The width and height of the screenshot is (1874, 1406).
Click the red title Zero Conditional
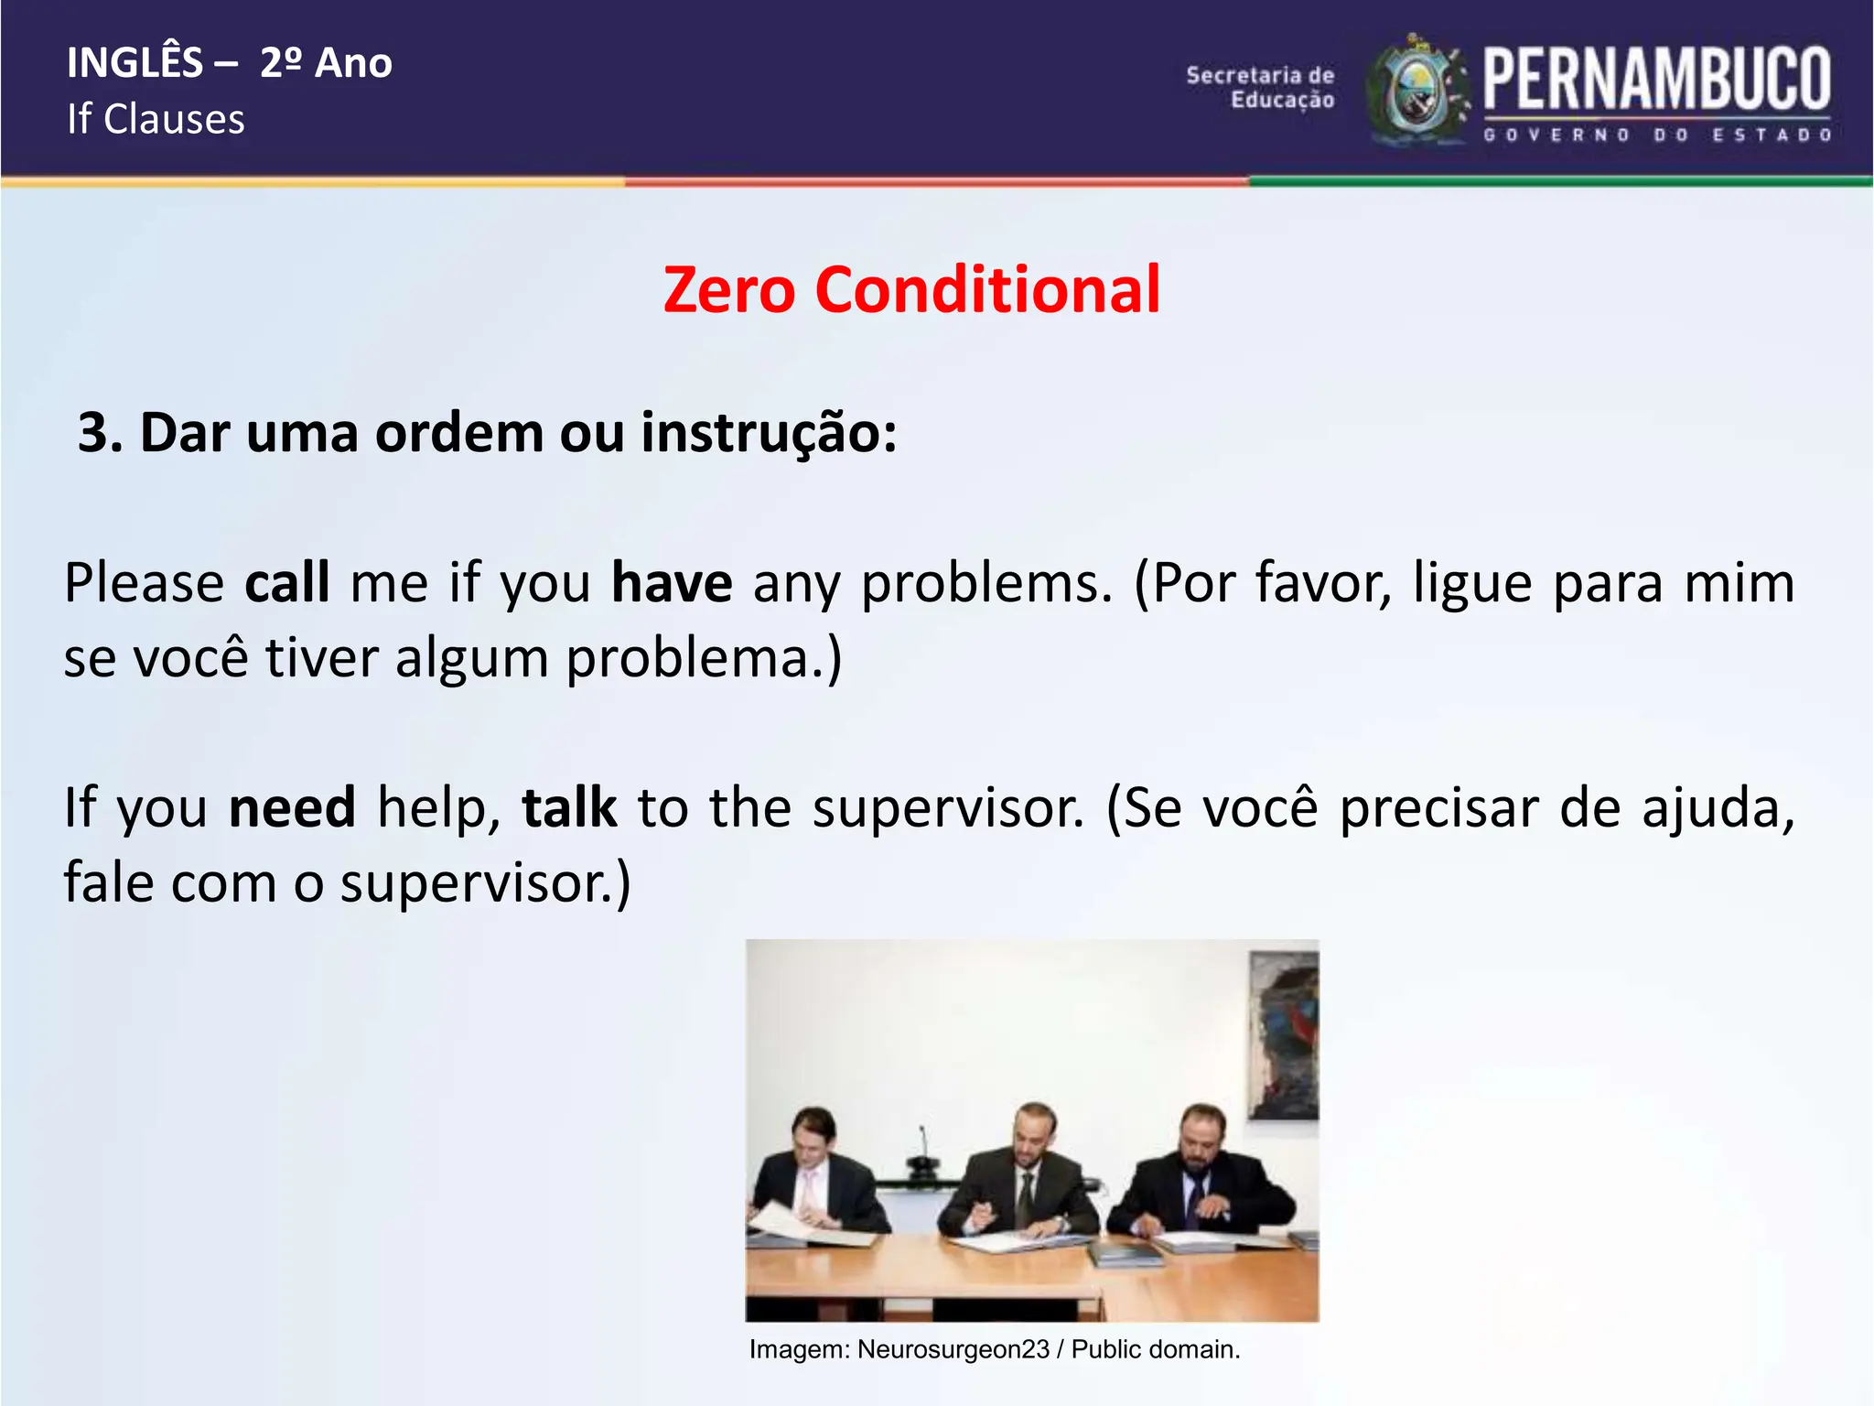(x=911, y=290)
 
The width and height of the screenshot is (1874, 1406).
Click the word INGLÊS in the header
(x=135, y=63)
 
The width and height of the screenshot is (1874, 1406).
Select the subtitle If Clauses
(x=156, y=120)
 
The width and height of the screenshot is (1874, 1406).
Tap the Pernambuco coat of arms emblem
(x=1417, y=92)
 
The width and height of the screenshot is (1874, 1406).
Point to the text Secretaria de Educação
(x=1261, y=88)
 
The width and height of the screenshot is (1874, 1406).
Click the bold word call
(x=286, y=583)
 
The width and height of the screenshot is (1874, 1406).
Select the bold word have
(x=672, y=583)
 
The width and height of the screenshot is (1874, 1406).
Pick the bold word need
(x=292, y=808)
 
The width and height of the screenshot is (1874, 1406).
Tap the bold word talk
(x=569, y=808)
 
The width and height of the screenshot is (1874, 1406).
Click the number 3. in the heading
(x=100, y=433)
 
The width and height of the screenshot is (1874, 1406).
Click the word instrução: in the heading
(x=769, y=433)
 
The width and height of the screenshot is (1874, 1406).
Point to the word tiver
(x=321, y=658)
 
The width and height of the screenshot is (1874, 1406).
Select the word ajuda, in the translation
(x=1718, y=808)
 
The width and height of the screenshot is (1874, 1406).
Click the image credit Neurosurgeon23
(x=953, y=1349)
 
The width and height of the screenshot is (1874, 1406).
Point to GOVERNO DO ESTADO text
(x=1656, y=135)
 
